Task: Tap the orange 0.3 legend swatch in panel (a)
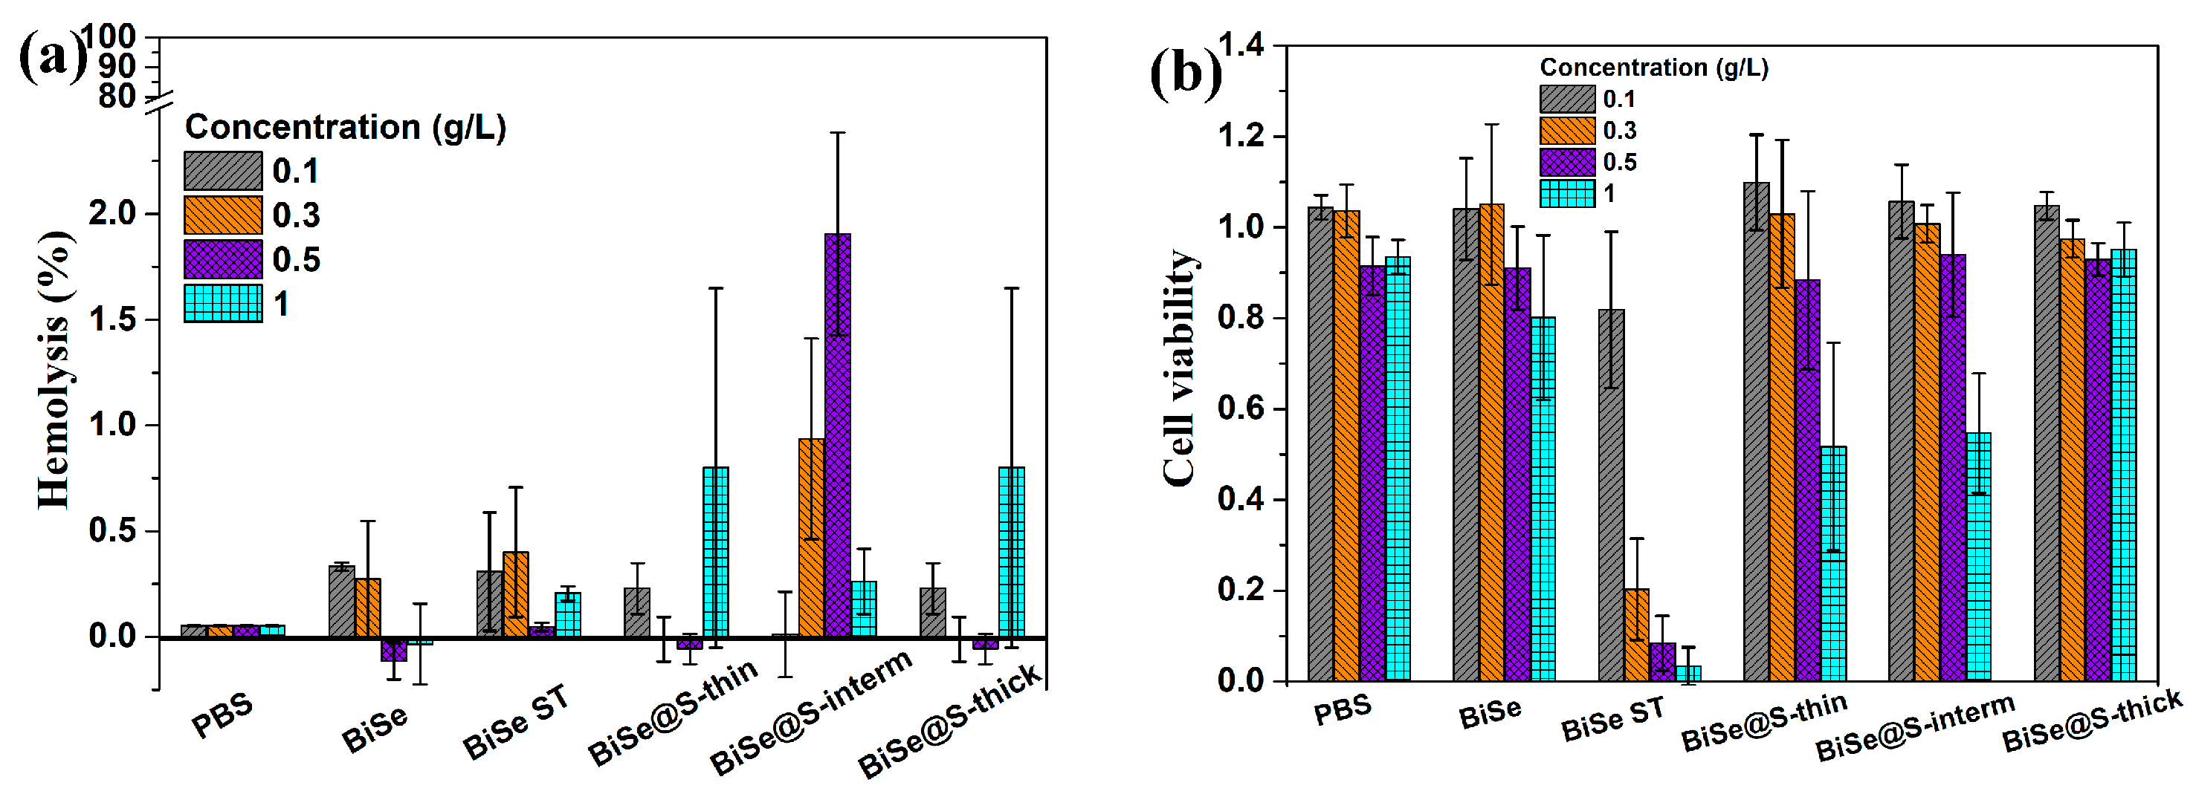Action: [x=223, y=215]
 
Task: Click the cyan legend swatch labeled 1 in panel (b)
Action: [x=1566, y=194]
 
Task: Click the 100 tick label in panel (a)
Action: [x=107, y=36]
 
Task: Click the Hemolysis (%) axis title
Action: [x=54, y=370]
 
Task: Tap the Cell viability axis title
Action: [x=1181, y=368]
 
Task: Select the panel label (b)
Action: [x=1185, y=74]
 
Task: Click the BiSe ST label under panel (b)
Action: [x=1612, y=718]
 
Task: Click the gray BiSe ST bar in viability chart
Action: [x=1611, y=495]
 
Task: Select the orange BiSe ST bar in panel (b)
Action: [x=1636, y=634]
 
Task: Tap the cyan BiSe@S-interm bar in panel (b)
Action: [x=1978, y=556]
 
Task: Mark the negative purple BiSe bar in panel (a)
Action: [x=394, y=649]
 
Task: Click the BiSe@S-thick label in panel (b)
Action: [x=2092, y=720]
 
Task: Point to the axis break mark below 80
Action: [x=158, y=103]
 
